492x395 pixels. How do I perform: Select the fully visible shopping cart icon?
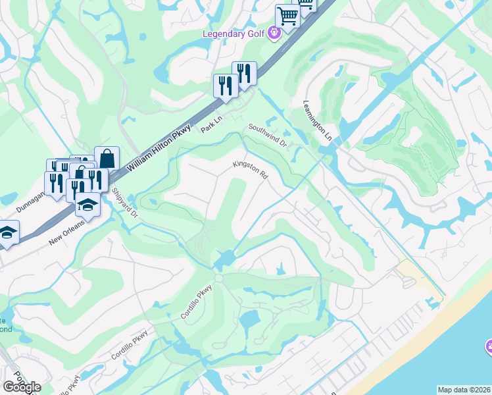pos(287,14)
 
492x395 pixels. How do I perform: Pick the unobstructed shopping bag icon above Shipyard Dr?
pos(106,158)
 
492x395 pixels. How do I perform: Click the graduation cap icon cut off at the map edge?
pos(7,232)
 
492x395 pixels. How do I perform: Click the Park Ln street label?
pos(213,123)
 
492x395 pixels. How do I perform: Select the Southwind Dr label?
pos(268,135)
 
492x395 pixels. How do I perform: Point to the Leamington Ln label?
pos(318,120)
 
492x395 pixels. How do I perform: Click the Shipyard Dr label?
pos(125,203)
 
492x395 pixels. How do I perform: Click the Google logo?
pos(22,386)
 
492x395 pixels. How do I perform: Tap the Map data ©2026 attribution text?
pos(464,390)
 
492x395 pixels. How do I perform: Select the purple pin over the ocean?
pos(488,346)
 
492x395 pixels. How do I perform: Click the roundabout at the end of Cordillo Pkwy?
pos(219,278)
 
